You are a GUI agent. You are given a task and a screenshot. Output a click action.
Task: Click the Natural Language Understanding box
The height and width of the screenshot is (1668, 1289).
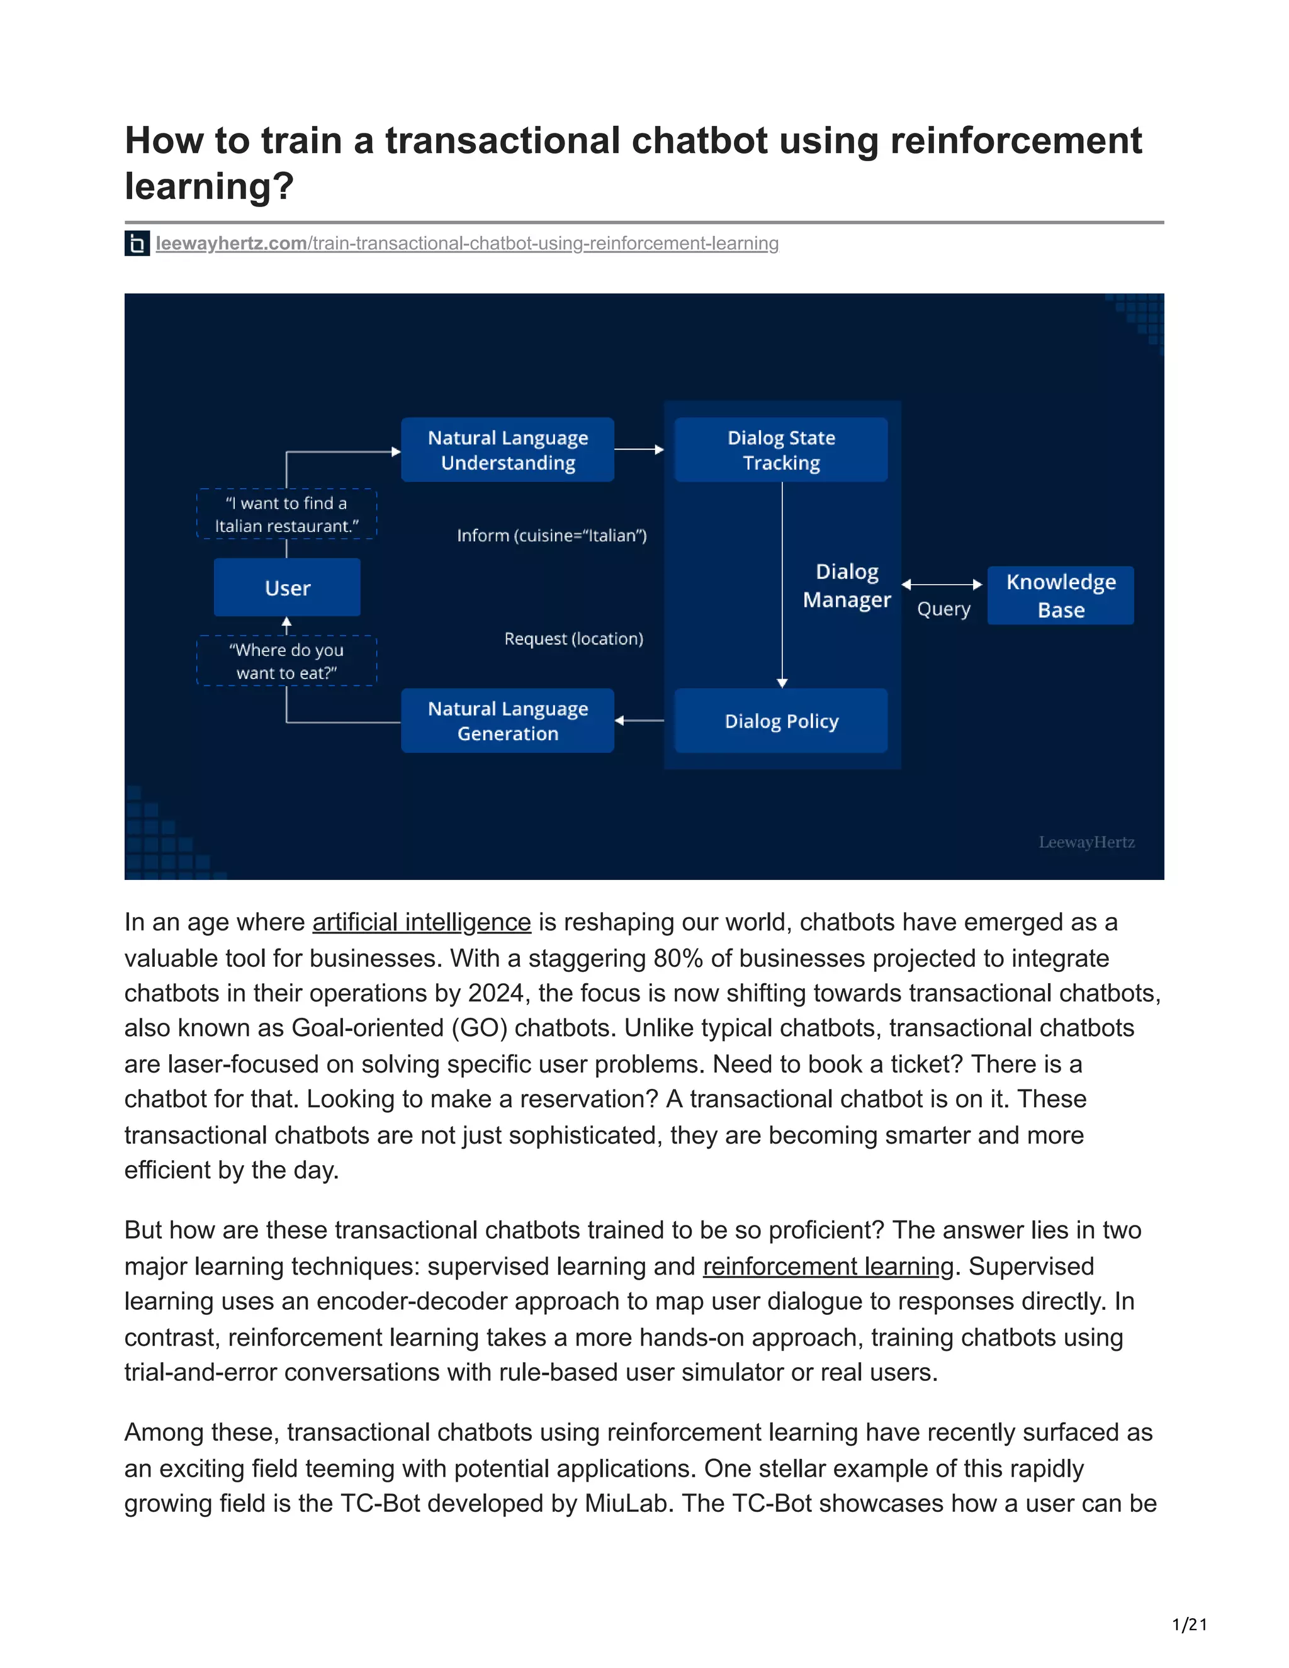pos(507,450)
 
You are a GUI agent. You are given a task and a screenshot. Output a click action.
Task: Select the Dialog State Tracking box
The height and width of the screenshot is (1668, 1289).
pos(780,450)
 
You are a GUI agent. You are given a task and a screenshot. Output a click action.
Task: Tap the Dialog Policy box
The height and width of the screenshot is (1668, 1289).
pos(780,721)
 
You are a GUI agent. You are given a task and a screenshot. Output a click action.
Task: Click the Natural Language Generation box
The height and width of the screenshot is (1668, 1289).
pos(507,721)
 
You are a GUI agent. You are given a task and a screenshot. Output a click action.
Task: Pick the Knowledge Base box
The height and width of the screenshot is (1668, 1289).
pos(1060,595)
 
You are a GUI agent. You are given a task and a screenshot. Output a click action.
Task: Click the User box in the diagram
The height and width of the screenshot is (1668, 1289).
pos(287,588)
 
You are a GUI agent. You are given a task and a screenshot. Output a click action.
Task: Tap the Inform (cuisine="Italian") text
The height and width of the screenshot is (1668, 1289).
pos(551,536)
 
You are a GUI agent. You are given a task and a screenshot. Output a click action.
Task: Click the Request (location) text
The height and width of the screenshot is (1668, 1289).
pos(573,638)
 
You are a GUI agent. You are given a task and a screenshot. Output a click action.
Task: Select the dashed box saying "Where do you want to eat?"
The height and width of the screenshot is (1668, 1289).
pos(286,662)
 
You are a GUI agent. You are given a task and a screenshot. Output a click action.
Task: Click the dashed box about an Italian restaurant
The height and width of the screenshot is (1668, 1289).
pos(286,514)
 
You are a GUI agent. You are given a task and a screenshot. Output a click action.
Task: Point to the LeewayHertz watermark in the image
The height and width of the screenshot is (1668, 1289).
pos(1086,842)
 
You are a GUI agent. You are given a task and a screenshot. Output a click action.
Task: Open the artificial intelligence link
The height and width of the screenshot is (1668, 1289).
pos(422,923)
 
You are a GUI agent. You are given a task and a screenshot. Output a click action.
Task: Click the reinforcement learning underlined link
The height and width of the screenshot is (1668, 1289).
pos(828,1266)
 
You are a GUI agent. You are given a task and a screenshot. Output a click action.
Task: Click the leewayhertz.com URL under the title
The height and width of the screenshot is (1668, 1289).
pos(466,244)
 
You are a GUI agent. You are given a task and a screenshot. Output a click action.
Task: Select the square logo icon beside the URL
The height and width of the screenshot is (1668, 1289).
pos(137,244)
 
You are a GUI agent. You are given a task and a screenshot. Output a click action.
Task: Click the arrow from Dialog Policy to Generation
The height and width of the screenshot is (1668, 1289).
pos(639,720)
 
